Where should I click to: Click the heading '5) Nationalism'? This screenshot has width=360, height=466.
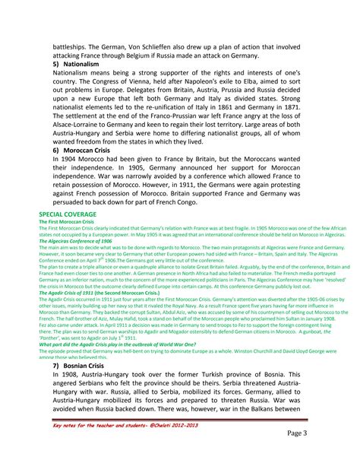click(x=77, y=66)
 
